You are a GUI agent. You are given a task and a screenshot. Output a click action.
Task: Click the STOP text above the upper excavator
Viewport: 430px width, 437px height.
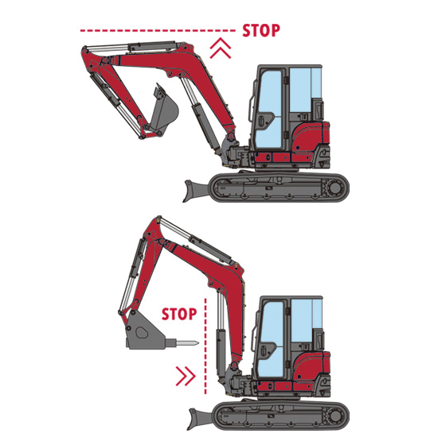(261, 30)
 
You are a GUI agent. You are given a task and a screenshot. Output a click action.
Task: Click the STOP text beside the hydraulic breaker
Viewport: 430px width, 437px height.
(179, 314)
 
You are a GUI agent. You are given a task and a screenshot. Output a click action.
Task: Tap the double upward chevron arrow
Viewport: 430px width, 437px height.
(221, 48)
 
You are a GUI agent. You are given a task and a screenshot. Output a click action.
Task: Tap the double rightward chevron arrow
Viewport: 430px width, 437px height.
(186, 376)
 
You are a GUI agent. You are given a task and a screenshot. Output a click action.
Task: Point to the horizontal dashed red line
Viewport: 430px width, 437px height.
(158, 30)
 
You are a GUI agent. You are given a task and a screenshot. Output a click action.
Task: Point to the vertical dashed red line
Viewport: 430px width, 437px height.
(205, 346)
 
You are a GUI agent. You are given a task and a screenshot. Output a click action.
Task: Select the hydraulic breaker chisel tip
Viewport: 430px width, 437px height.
(197, 343)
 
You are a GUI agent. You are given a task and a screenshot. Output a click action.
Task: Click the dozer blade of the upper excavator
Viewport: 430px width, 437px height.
(196, 191)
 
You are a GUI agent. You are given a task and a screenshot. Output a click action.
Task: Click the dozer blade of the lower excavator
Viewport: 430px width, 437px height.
(200, 418)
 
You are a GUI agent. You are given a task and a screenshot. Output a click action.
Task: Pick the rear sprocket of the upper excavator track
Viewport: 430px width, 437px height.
(334, 188)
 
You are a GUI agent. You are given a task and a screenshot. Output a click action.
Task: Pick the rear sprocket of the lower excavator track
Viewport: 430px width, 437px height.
(335, 416)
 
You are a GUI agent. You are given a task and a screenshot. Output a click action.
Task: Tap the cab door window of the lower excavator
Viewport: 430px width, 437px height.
(271, 340)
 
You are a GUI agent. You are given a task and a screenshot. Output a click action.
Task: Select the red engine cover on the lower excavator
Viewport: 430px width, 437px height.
(312, 366)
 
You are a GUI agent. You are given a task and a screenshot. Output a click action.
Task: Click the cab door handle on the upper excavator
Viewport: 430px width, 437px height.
(260, 121)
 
